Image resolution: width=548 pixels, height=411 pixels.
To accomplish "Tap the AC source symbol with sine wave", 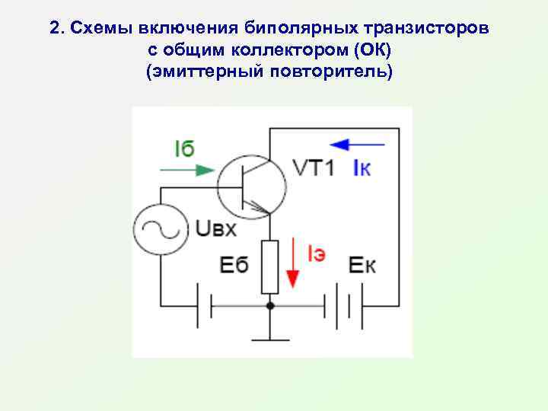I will (161, 229).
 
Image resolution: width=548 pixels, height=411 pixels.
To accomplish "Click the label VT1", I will (313, 169).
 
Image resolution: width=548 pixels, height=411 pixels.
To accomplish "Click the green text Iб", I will (184, 149).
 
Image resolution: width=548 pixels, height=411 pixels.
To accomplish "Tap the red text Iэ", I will (316, 254).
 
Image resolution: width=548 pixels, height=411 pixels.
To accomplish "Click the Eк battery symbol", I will (345, 307).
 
